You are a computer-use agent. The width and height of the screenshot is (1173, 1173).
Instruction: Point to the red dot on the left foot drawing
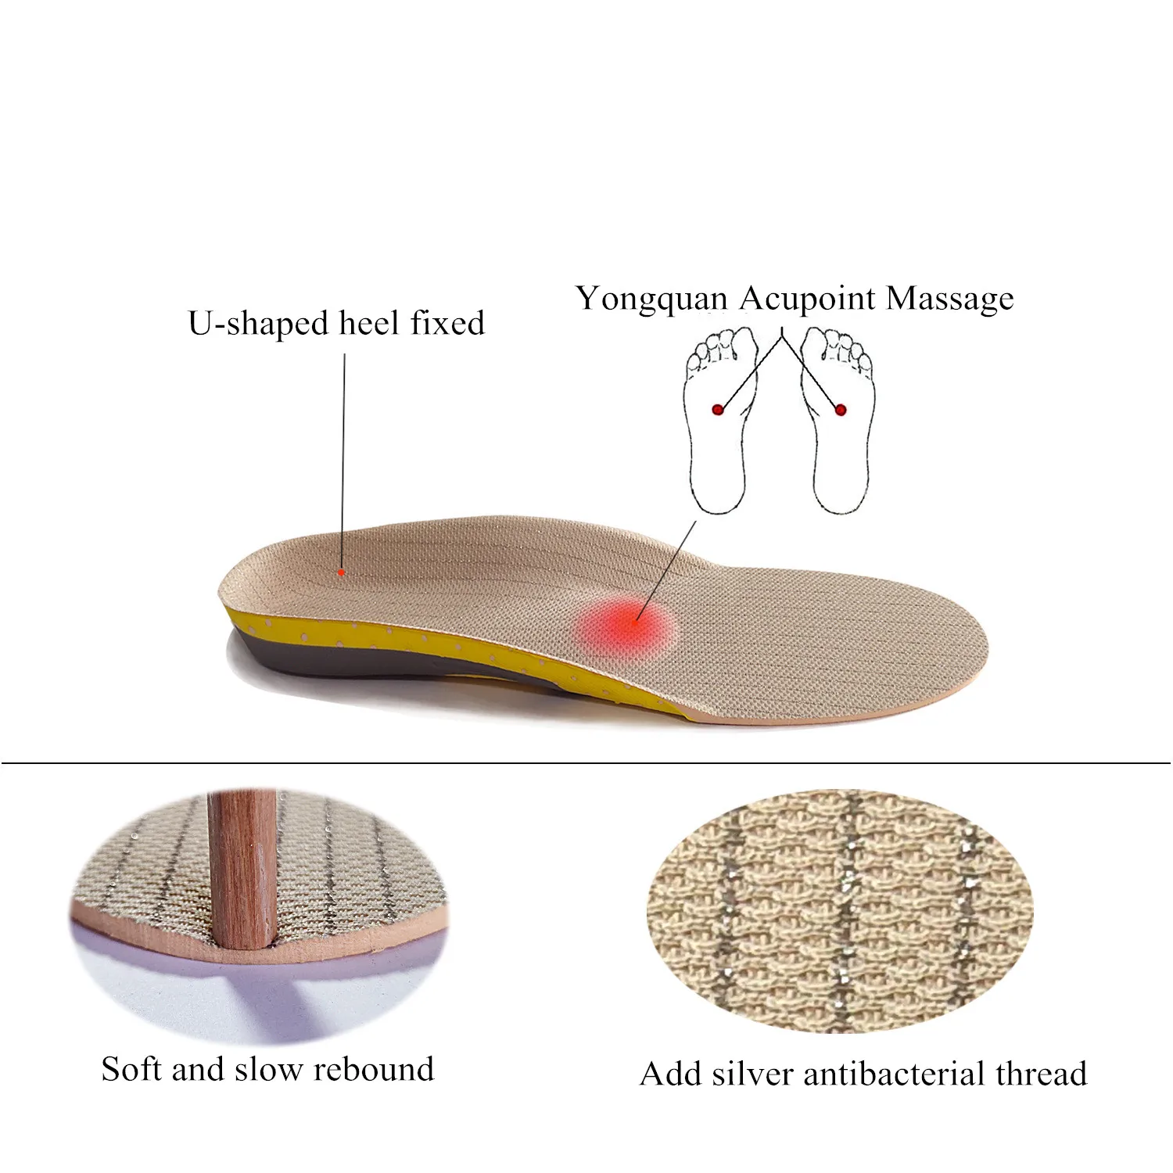click(x=717, y=409)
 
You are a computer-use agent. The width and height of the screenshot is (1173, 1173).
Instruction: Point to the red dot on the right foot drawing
click(x=841, y=409)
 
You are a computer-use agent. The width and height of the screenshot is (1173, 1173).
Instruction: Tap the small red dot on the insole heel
click(x=341, y=572)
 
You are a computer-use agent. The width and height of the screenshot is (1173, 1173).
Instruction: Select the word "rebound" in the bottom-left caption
click(x=373, y=1070)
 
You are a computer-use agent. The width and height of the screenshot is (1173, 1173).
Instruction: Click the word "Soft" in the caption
click(x=131, y=1070)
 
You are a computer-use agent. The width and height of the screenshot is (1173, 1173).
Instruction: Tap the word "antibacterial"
click(x=895, y=1074)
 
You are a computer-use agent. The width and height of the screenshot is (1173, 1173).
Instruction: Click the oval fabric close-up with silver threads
click(x=841, y=911)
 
